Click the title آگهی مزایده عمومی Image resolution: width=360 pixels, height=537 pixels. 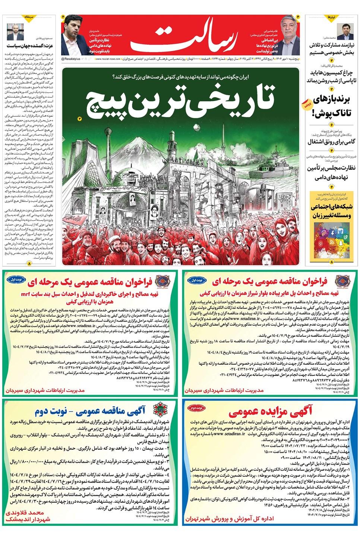(x=270, y=411)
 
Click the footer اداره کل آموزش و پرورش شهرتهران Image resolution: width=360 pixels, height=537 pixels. (x=230, y=518)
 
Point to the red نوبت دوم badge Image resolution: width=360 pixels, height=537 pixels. (x=196, y=408)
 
